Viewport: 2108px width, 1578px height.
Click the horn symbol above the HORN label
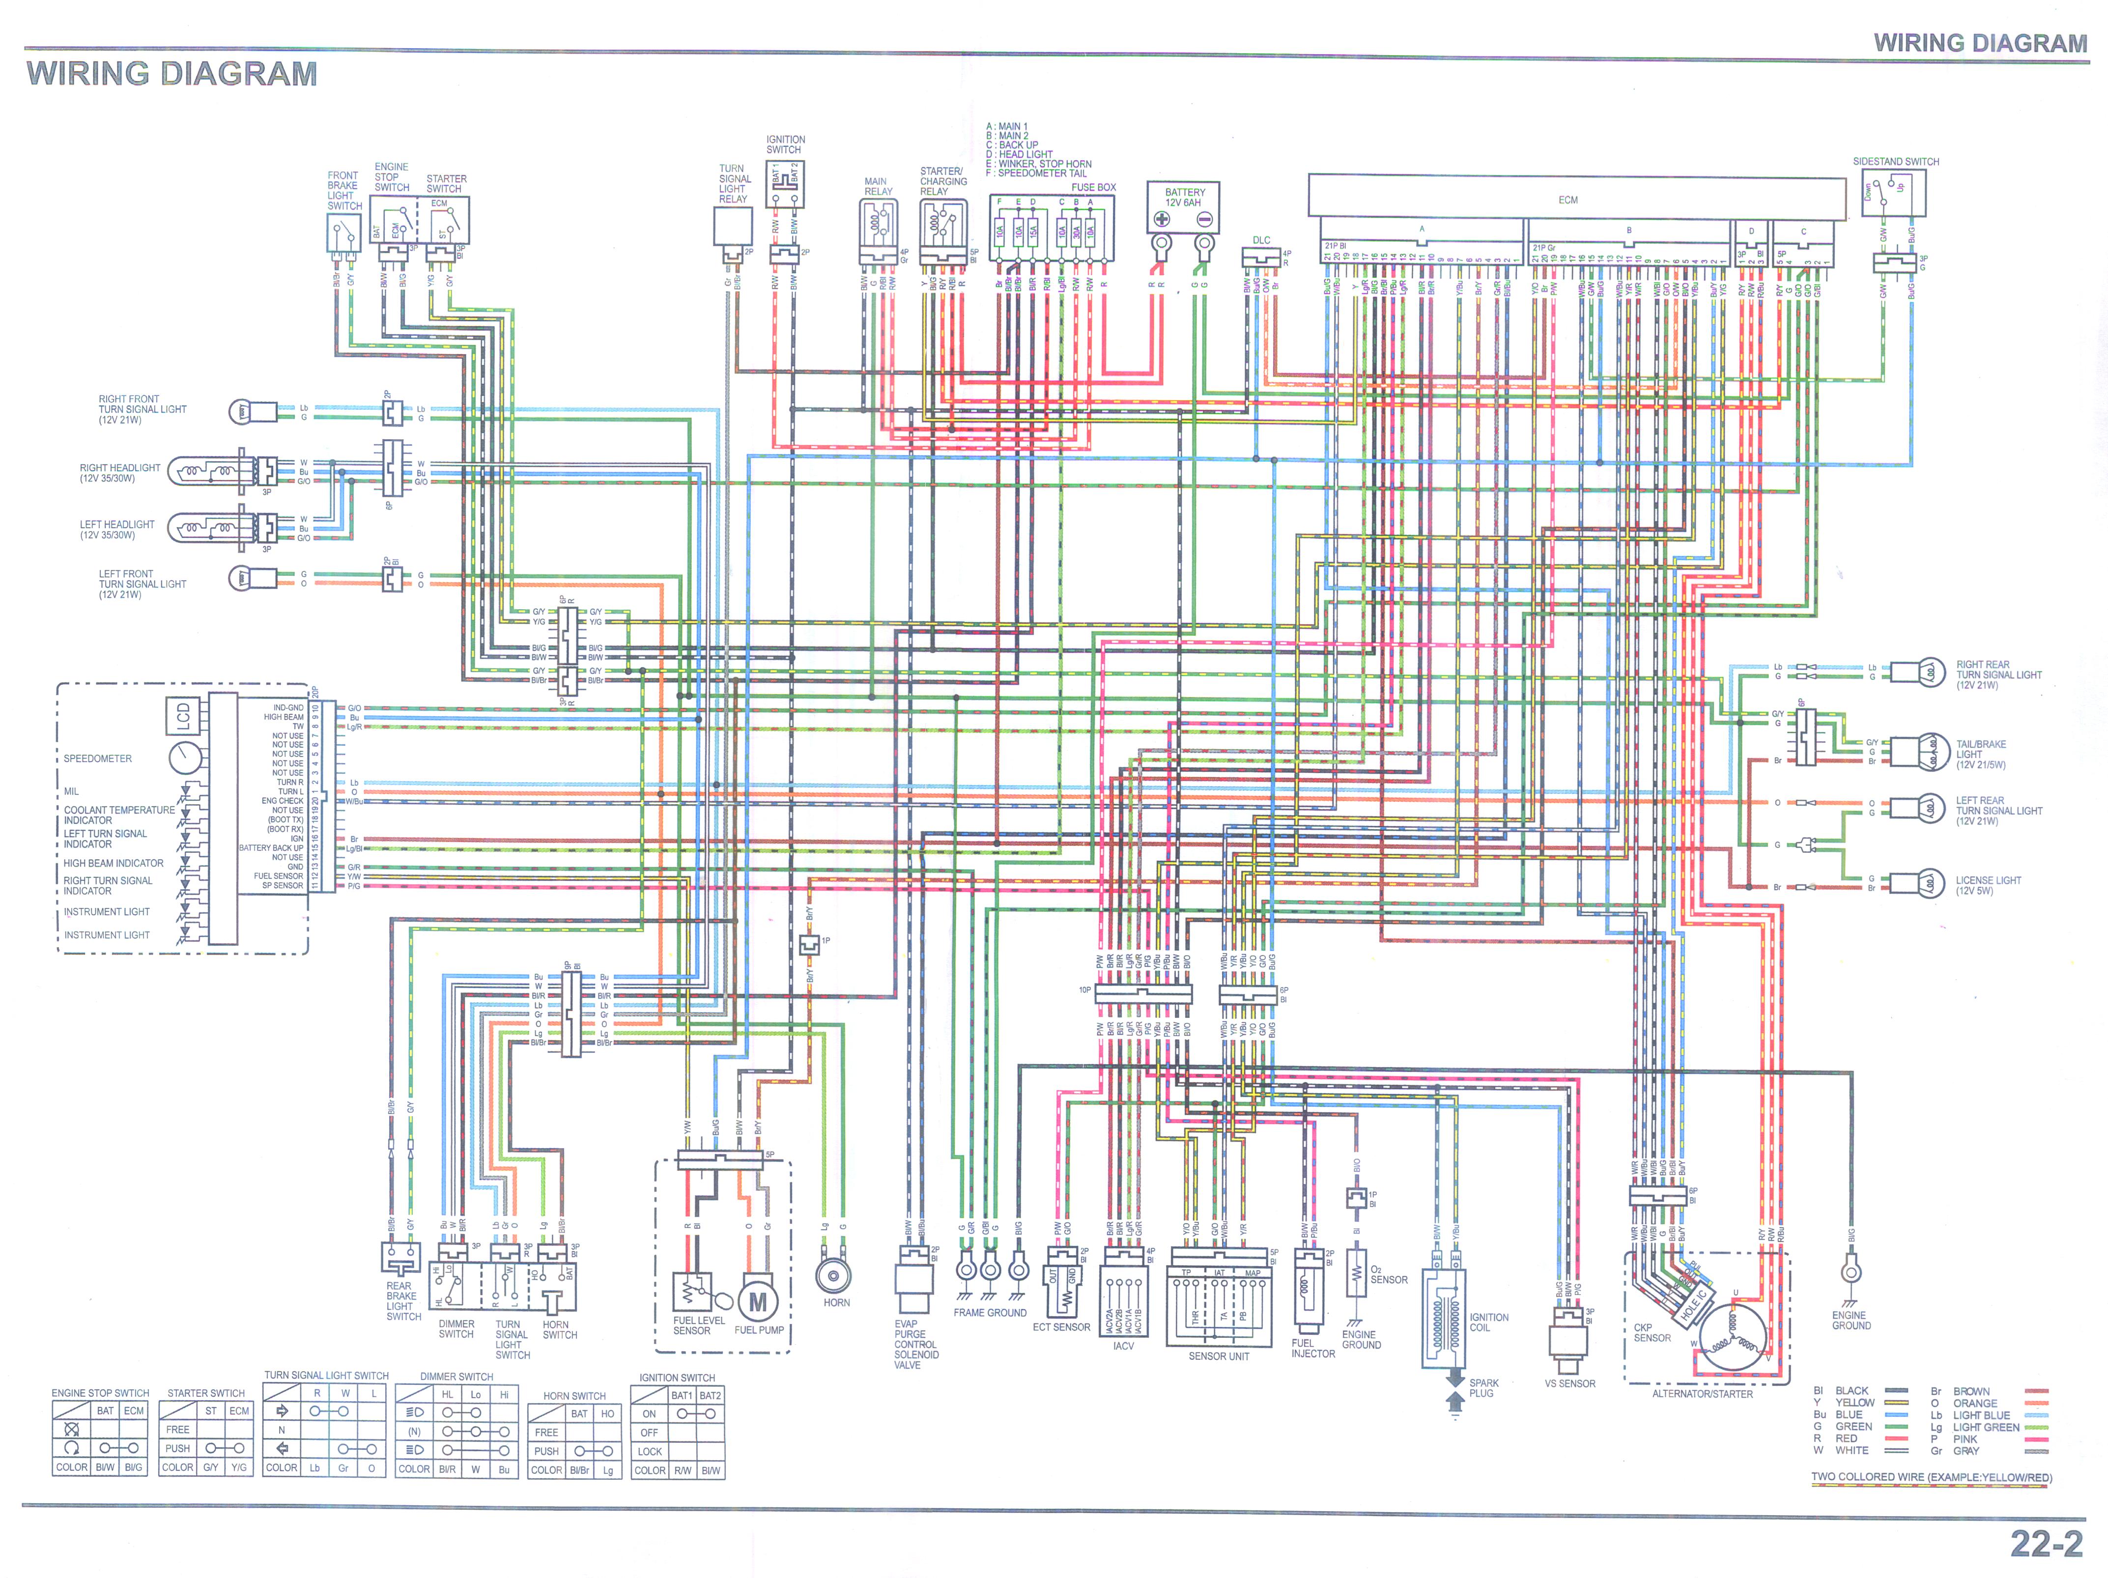point(834,1275)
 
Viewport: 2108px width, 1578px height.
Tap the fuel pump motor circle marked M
point(758,1302)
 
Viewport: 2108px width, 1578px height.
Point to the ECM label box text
point(1567,200)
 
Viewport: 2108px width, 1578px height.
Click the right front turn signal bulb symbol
point(242,412)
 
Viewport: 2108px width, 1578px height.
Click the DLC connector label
point(1261,240)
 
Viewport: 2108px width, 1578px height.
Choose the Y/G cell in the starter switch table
point(238,1467)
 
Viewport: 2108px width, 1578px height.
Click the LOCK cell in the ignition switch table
point(650,1451)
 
